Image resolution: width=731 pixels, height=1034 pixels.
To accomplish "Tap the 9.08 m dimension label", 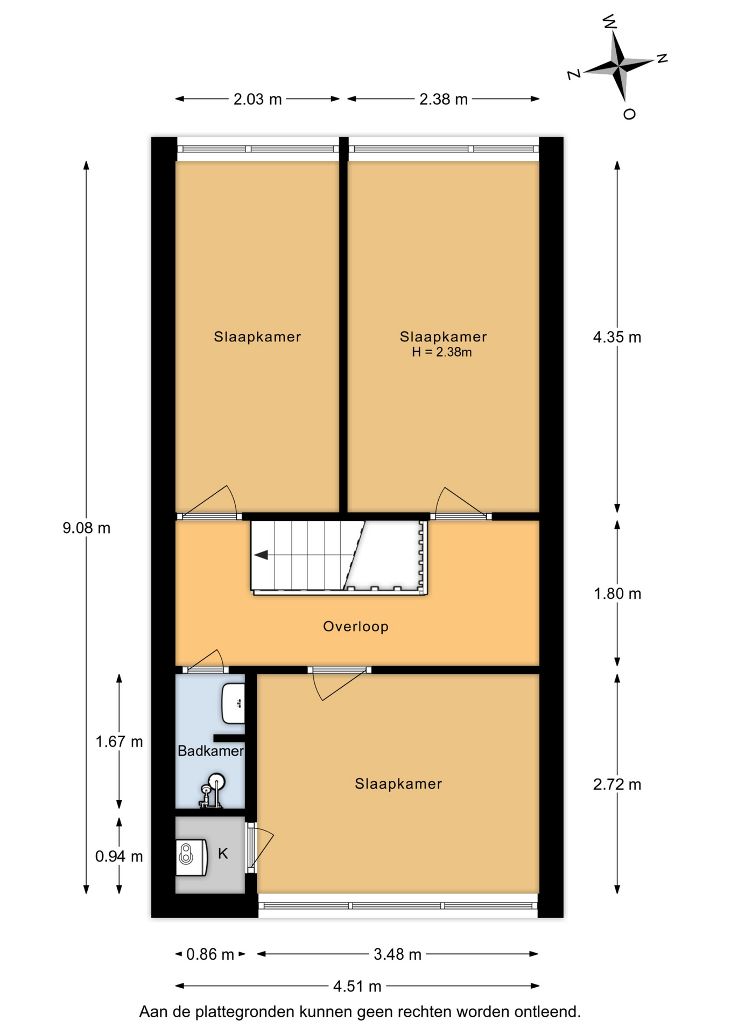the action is [x=87, y=528].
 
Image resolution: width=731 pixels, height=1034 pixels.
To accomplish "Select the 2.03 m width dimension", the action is [x=257, y=99].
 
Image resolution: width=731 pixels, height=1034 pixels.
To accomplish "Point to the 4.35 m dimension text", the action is [x=617, y=337].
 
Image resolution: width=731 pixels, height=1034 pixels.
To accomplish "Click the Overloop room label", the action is [x=356, y=626].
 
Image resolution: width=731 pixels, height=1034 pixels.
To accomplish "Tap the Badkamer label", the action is [x=210, y=751].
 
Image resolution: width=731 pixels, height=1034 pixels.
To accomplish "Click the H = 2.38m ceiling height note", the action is [x=442, y=352].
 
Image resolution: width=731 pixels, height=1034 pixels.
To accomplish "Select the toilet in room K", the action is [x=192, y=856].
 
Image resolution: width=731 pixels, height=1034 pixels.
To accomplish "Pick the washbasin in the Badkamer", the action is [x=234, y=703].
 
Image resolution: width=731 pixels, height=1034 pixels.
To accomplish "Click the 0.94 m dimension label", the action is [x=119, y=856].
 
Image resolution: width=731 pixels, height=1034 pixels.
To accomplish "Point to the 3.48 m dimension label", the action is [x=397, y=954].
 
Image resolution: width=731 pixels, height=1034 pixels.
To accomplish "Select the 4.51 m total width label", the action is [x=357, y=986].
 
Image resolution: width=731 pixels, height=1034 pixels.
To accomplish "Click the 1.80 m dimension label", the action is [x=617, y=593].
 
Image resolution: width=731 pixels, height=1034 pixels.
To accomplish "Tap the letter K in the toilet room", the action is [x=223, y=853].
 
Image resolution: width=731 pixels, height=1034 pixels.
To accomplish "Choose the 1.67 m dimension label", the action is [x=119, y=742].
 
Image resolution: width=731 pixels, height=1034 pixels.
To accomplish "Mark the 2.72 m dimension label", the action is [x=617, y=785].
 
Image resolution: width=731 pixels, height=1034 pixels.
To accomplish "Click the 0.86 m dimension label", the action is [x=210, y=954].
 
